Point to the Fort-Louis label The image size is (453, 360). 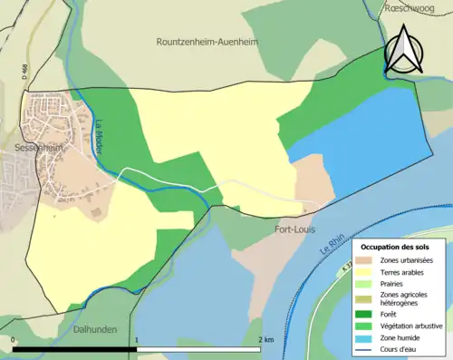(x=294, y=229)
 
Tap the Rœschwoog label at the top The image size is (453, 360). (x=406, y=7)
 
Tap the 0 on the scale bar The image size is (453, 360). (x=14, y=340)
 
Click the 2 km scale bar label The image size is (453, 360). (x=265, y=340)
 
